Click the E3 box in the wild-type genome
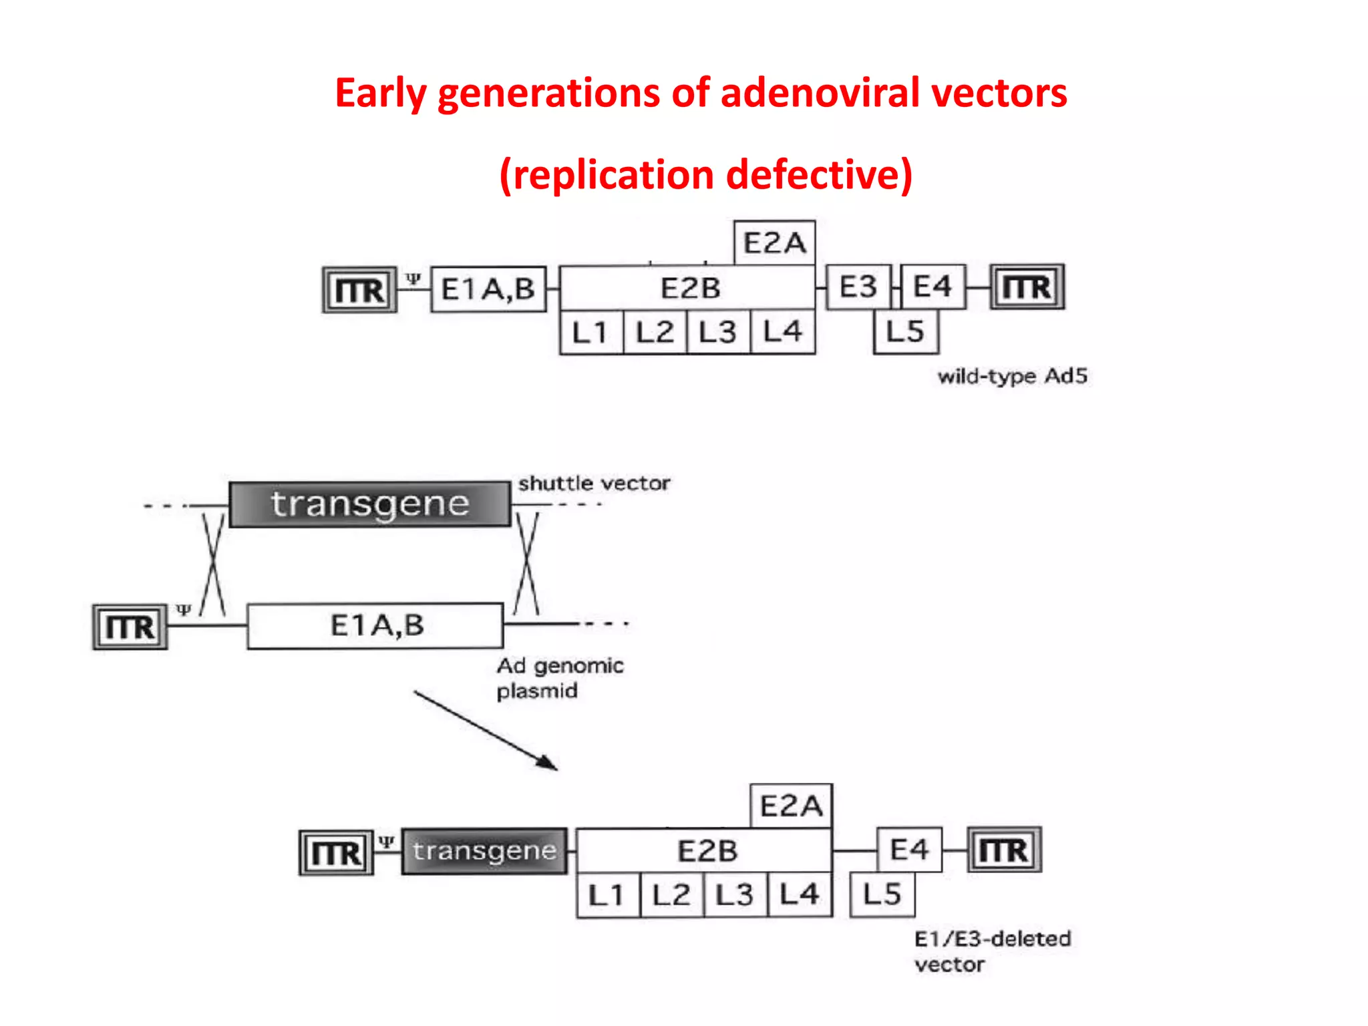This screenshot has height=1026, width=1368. [x=858, y=287]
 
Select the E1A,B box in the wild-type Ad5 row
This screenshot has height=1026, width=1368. [x=488, y=289]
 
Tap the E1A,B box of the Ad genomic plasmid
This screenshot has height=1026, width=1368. [x=375, y=626]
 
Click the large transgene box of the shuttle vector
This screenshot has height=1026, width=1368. [x=369, y=504]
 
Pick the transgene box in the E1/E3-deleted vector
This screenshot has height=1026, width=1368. [x=484, y=851]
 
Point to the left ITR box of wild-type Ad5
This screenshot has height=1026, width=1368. [x=359, y=290]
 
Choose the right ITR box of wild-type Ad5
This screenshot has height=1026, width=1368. [x=1027, y=287]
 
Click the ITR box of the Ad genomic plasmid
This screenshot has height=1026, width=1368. [x=130, y=627]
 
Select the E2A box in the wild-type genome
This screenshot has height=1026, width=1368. [x=774, y=243]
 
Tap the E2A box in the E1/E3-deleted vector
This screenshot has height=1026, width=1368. [x=791, y=806]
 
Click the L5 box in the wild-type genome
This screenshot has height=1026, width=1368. [x=905, y=332]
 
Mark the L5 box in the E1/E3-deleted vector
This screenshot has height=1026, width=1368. [x=882, y=895]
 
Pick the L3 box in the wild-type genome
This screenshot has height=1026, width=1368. [x=717, y=332]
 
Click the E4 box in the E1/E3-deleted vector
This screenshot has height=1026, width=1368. [x=909, y=850]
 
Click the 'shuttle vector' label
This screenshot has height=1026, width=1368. [x=594, y=483]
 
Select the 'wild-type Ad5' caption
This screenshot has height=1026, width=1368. [x=1012, y=377]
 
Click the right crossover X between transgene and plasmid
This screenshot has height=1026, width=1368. [x=526, y=563]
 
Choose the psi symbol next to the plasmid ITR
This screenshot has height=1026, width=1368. [x=183, y=609]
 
